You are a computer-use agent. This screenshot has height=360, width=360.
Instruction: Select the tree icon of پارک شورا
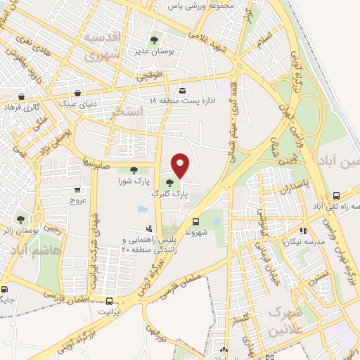(x=132, y=169)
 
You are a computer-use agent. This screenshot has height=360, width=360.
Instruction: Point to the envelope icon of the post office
(x=182, y=91)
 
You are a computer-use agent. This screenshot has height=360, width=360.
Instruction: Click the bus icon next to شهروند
(x=205, y=219)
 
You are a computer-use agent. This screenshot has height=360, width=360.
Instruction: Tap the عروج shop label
(x=77, y=200)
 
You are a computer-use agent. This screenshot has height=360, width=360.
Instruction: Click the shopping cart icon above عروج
(x=77, y=189)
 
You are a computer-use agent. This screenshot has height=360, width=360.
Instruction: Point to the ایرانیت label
(x=109, y=310)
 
